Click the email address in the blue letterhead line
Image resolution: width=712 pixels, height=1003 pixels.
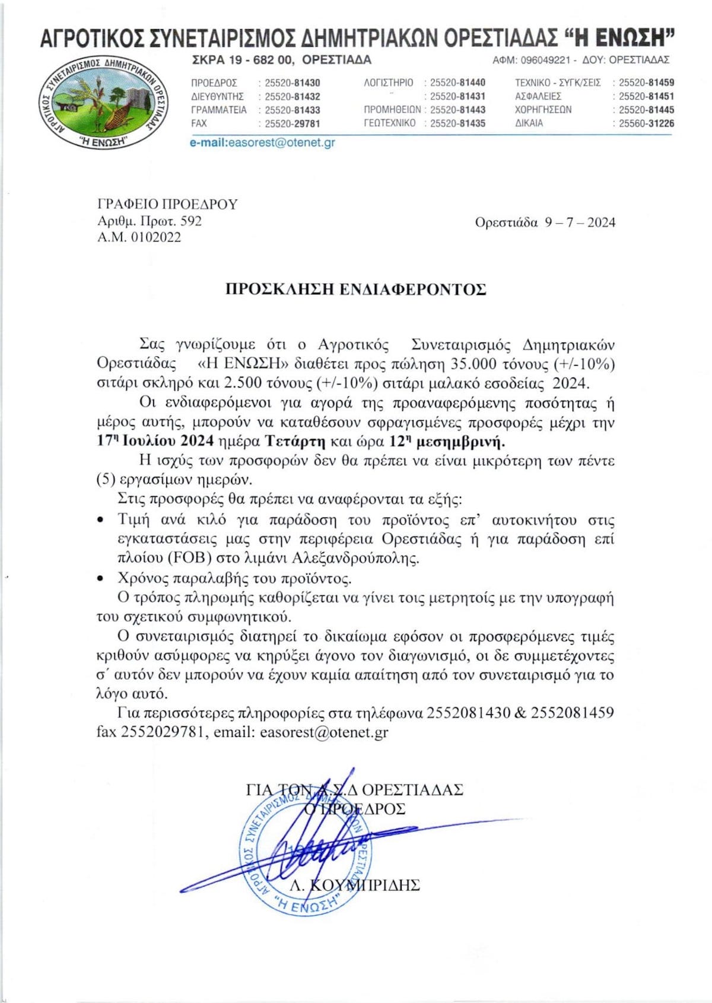coord(262,142)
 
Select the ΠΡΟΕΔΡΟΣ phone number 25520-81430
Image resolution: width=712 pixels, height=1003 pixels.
coord(292,83)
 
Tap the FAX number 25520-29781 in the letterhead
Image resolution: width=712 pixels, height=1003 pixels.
coord(292,123)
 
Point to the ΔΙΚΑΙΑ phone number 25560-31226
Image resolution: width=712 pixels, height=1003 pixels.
coord(646,123)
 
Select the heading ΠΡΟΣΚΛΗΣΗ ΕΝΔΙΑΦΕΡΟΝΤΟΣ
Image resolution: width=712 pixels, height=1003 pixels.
coord(355,290)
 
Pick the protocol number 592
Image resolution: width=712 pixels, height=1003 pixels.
coord(191,221)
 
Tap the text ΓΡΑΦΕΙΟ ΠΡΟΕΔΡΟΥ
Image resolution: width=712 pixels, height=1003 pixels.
coord(167,205)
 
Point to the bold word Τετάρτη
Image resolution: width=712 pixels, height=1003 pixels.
coord(295,442)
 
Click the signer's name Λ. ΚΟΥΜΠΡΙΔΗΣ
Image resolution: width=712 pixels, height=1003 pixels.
coord(355,885)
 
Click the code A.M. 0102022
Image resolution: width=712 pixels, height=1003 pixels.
coord(139,238)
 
